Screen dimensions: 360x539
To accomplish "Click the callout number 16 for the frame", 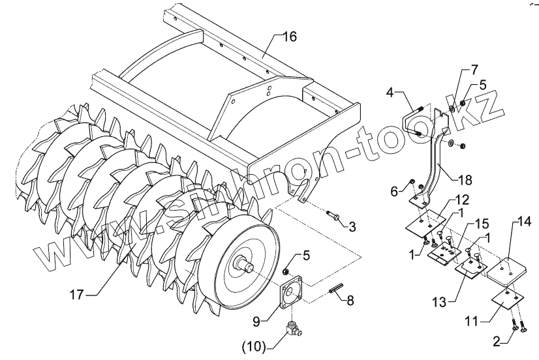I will click(x=289, y=37).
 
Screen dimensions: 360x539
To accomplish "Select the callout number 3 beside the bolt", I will click(x=352, y=226).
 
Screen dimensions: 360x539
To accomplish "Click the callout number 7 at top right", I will click(x=474, y=68).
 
